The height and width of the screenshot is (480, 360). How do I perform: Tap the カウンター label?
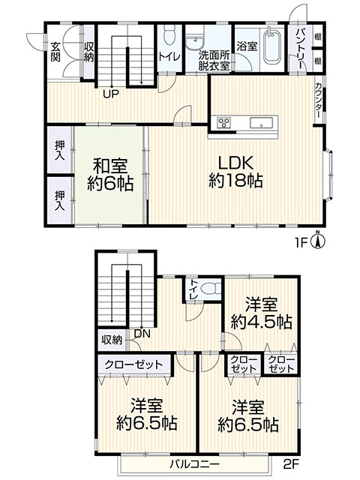point(319,102)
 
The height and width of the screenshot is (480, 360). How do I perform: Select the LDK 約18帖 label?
point(236,171)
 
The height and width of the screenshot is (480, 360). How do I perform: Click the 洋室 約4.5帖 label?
point(260,313)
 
